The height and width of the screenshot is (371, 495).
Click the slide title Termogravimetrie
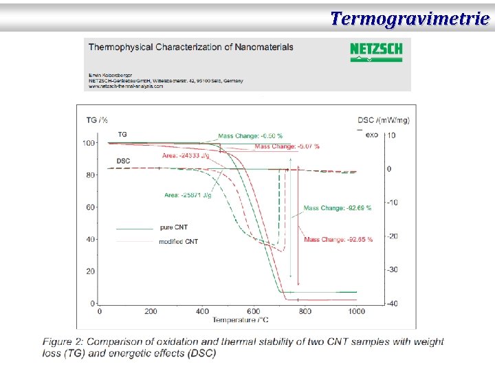(x=409, y=18)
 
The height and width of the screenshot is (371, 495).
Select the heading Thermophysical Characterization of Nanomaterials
(x=191, y=47)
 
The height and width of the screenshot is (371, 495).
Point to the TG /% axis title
(x=97, y=120)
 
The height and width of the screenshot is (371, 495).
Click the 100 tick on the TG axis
(x=89, y=143)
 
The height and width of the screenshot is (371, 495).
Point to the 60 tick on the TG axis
(x=90, y=207)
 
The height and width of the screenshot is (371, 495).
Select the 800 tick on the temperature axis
(x=305, y=311)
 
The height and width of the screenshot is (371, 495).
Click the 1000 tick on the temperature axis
(x=356, y=311)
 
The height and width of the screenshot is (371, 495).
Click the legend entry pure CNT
(x=173, y=227)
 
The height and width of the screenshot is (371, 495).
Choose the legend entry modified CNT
(x=178, y=242)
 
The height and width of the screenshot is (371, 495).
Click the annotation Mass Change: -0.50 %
(x=250, y=136)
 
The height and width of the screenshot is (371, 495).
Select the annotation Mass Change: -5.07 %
(x=287, y=146)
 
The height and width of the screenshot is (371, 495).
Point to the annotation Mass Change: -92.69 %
(x=337, y=208)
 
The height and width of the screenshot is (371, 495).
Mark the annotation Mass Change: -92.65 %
(x=338, y=240)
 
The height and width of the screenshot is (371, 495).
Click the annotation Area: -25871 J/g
(x=187, y=195)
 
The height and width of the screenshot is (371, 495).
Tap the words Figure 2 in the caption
(x=63, y=341)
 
